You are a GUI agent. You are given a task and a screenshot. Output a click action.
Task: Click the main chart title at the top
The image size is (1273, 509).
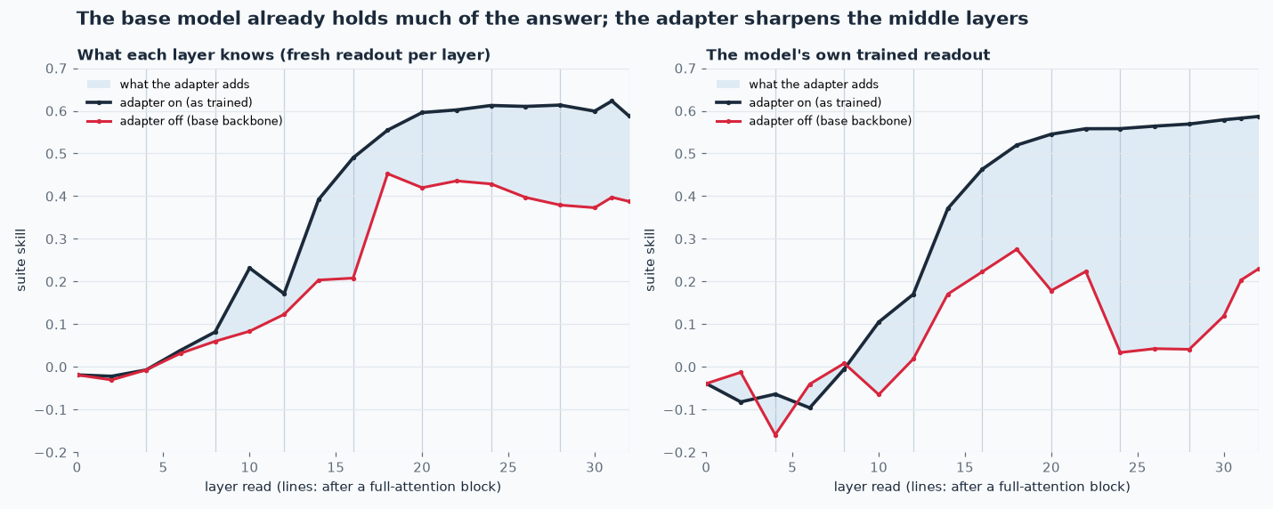pos(553,19)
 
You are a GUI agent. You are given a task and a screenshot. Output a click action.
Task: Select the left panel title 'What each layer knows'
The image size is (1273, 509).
pos(284,55)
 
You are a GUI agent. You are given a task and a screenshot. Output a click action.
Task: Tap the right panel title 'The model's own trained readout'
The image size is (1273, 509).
pos(847,55)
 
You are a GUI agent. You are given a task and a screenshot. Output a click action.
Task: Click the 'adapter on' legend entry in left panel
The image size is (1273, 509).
pos(169,102)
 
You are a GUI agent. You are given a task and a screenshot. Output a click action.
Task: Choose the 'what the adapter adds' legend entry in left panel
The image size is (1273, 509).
pos(168,84)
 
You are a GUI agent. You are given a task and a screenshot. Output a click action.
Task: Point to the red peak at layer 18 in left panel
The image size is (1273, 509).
pos(387,174)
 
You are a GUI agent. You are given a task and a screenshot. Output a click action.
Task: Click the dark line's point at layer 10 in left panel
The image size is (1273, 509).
pos(249,268)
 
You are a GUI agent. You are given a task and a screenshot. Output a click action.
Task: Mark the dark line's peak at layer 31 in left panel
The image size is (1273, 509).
pos(612,101)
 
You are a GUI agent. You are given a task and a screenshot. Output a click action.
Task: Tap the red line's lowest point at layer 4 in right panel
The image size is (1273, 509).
pos(775,435)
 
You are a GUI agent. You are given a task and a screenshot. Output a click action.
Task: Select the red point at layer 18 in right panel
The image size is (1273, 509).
pos(1017,249)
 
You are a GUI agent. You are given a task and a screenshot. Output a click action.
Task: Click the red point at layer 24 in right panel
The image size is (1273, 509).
pos(1121,352)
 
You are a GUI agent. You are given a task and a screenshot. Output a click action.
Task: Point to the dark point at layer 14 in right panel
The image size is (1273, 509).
pos(948,209)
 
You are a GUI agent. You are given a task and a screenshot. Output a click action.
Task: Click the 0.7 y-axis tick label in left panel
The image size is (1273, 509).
pos(56,69)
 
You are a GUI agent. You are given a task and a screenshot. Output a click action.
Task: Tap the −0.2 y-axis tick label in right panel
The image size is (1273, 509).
pos(680,453)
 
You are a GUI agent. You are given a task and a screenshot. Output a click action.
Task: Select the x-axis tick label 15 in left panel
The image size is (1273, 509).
pos(336,467)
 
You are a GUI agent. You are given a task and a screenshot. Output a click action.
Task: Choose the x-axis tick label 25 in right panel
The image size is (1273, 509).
pos(1138,467)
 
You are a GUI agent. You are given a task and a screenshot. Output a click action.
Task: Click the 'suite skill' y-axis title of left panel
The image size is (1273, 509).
pos(21,260)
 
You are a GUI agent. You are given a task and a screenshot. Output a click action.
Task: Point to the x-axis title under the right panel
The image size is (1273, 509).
pos(982,487)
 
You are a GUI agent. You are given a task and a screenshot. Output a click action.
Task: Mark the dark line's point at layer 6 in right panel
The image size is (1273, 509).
pos(810,408)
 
